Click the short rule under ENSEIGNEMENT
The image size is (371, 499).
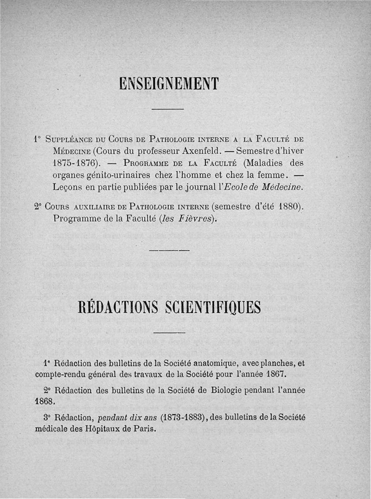(x=168, y=109)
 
